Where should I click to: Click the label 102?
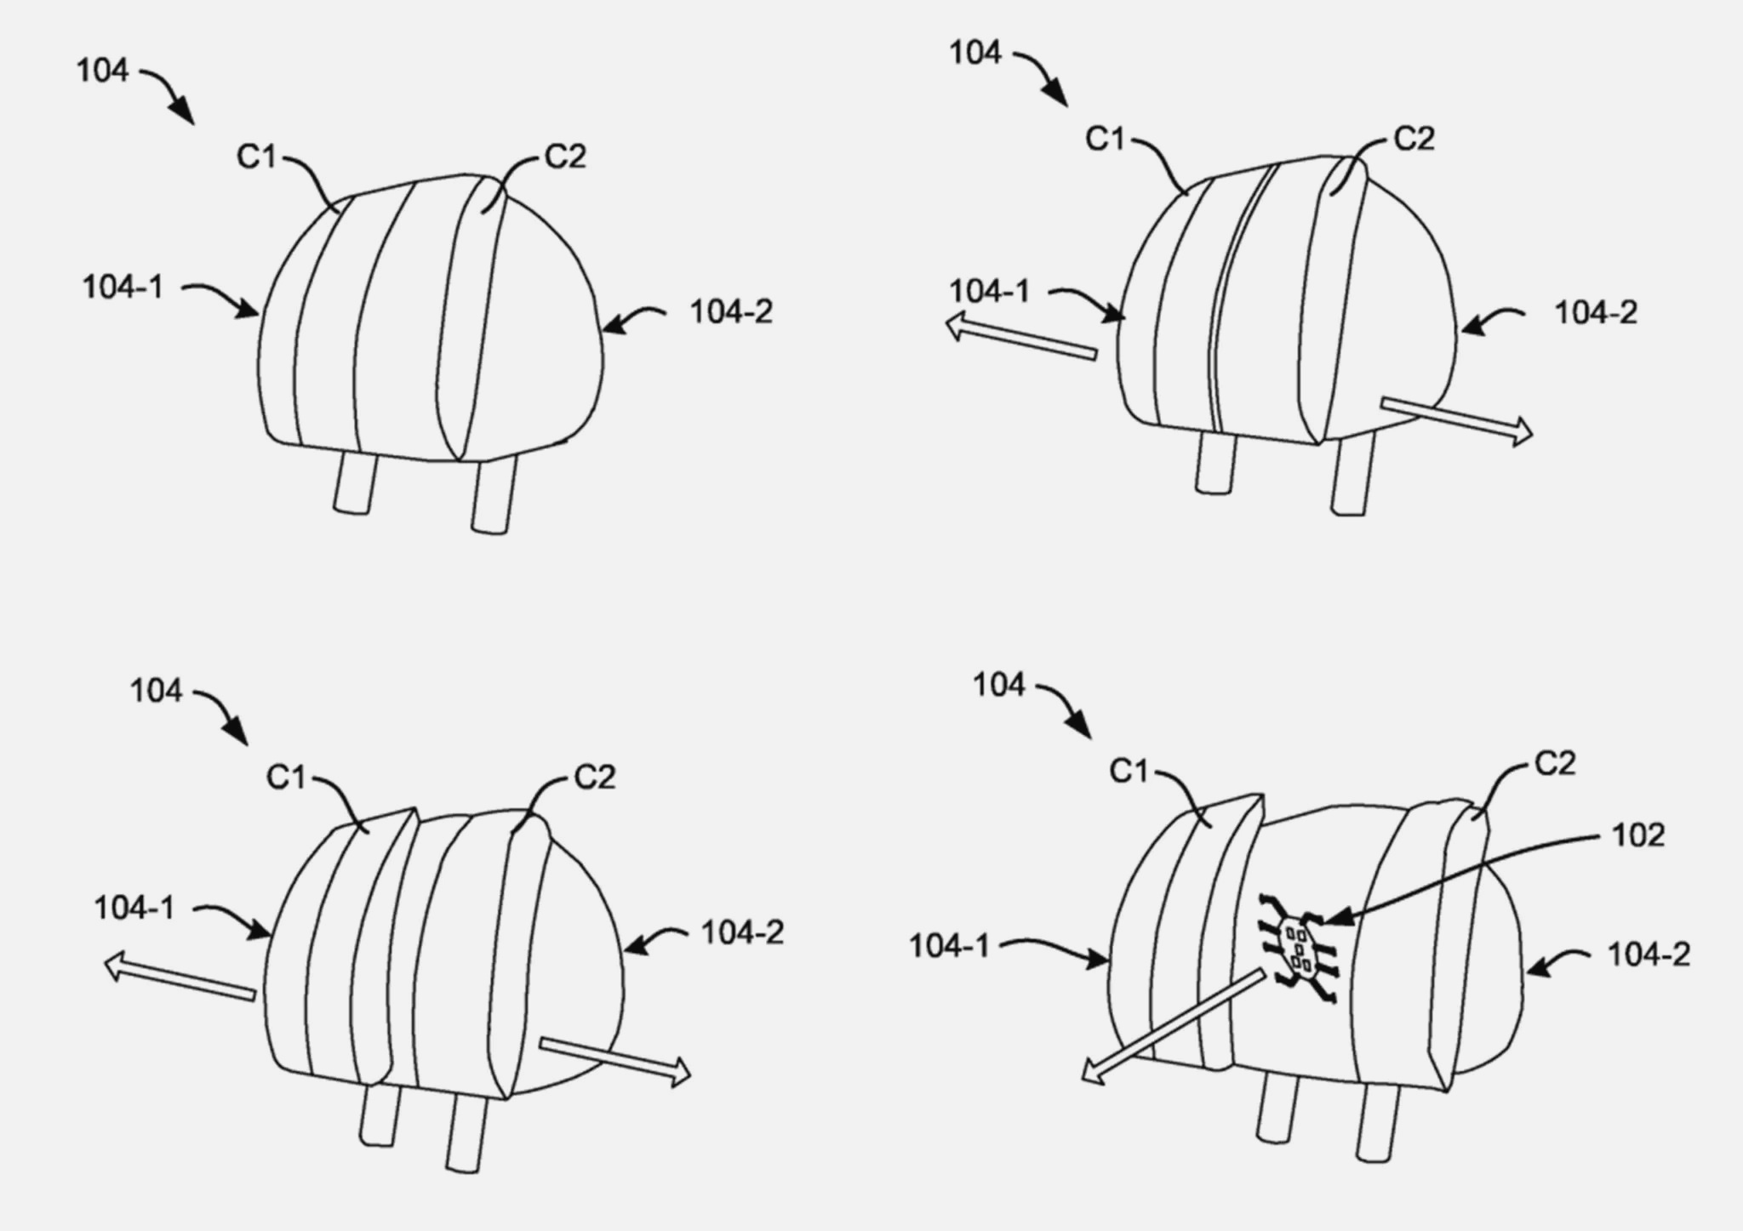point(1638,835)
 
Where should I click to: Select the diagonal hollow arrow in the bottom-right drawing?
point(1174,1026)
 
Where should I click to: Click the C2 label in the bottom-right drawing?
point(1555,764)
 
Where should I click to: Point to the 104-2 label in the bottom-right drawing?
point(1649,955)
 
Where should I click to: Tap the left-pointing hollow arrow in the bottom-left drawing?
point(180,977)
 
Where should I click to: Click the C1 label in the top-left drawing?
point(257,157)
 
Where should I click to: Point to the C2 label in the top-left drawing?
point(566,157)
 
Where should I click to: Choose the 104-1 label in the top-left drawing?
point(123,288)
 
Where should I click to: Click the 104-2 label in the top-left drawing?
point(731,312)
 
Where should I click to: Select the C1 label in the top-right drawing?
point(1106,139)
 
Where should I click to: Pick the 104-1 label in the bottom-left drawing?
point(134,909)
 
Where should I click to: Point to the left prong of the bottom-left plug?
point(379,1114)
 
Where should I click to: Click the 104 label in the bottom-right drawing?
point(999,685)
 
